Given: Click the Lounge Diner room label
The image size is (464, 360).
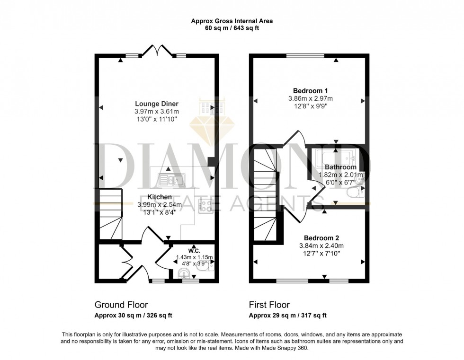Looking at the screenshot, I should (156, 104).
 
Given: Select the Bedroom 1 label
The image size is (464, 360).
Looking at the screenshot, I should (311, 90).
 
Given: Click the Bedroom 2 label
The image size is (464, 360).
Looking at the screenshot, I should (321, 238).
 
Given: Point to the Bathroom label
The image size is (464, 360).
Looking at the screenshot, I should (340, 167).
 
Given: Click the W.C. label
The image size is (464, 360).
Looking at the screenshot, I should (195, 250).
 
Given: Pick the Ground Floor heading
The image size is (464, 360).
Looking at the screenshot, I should (121, 305).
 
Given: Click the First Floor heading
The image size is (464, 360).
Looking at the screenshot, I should (269, 305).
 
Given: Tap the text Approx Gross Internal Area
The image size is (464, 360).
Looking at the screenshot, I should (232, 21).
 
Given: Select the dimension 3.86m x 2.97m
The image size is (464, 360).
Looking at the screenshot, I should (311, 98).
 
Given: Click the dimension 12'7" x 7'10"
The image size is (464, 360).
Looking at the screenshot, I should (321, 254).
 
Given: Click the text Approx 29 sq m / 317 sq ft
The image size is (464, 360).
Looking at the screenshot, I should (288, 316).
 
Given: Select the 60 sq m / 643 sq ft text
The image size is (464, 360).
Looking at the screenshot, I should (232, 28).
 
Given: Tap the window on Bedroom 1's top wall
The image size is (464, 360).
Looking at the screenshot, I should (305, 56).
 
